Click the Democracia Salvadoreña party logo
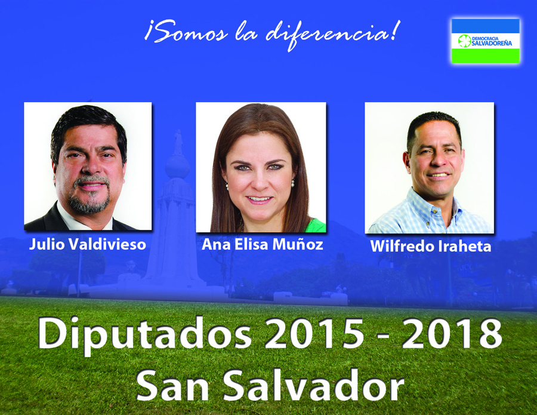[485, 41]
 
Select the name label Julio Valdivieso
[88, 244]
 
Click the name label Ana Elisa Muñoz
[263, 244]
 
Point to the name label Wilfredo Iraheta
[430, 246]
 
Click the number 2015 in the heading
[314, 333]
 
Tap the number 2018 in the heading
[452, 333]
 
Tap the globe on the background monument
[177, 167]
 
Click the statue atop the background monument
[178, 142]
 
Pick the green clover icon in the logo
[464, 41]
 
